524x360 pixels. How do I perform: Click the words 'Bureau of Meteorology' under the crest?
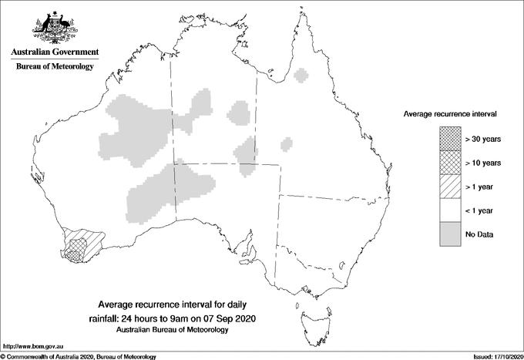pyautogui.click(x=54, y=66)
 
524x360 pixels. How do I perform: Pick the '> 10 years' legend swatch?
pyautogui.click(x=449, y=162)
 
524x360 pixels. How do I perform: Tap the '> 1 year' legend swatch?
pyautogui.click(x=449, y=186)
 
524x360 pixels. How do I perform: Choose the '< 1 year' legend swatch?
pyautogui.click(x=449, y=210)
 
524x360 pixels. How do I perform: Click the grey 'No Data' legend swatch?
pyautogui.click(x=449, y=234)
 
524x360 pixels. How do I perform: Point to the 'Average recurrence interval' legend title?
pyautogui.click(x=449, y=113)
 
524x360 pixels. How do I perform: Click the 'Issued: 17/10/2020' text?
pyautogui.click(x=491, y=356)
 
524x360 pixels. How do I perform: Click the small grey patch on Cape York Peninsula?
pyautogui.click(x=301, y=76)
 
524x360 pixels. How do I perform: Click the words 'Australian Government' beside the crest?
pyautogui.click(x=54, y=52)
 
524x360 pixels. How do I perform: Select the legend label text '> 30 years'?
pyautogui.click(x=482, y=139)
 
